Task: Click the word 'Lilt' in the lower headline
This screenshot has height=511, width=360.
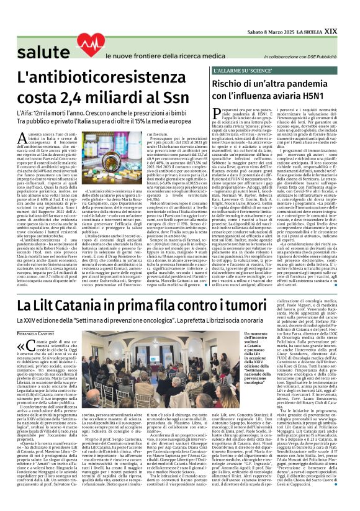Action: tap(60, 305)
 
